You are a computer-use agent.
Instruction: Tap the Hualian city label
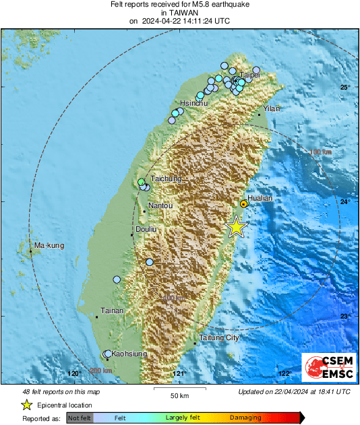coord(260,199)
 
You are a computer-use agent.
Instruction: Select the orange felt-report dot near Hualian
coord(244,203)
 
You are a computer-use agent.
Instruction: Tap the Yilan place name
coord(271,108)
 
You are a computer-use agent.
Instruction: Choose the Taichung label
coord(167,178)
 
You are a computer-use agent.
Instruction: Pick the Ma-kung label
coord(50,246)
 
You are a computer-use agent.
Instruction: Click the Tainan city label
coord(111,310)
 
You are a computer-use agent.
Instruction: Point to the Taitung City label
coord(219,337)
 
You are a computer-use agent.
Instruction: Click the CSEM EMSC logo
coord(328,368)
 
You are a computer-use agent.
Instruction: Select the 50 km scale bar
coord(179,389)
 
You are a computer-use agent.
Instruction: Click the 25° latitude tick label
coord(344,88)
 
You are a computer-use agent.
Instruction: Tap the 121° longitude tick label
coord(179,373)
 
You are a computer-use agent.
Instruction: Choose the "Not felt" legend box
coord(80,418)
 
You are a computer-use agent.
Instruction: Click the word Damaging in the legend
coord(245,418)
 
